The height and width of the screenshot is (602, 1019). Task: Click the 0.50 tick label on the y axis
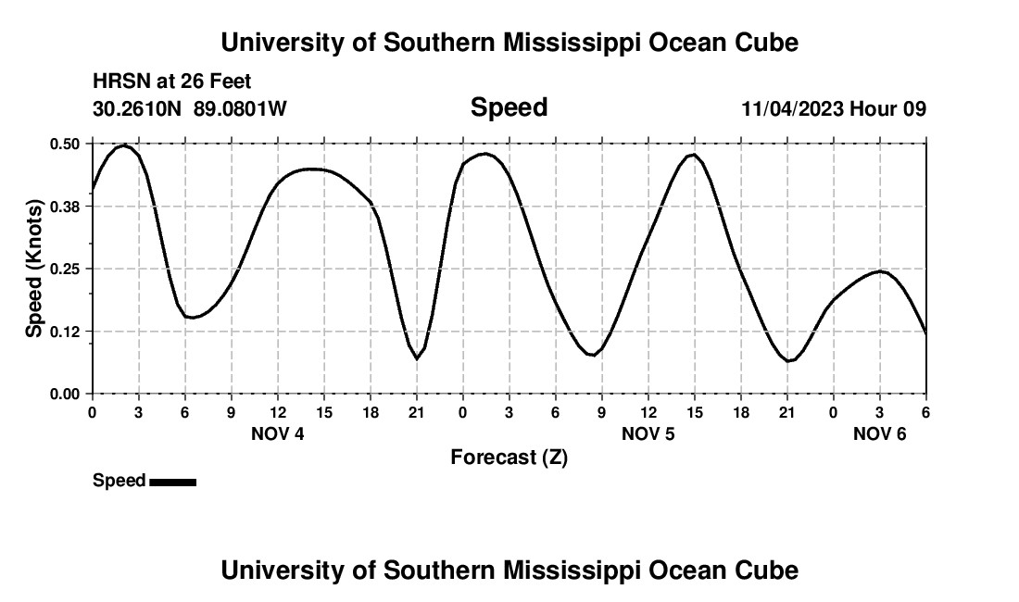click(x=65, y=144)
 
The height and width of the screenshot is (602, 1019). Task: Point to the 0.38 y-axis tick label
click(x=65, y=207)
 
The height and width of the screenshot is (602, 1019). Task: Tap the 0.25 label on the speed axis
click(x=65, y=269)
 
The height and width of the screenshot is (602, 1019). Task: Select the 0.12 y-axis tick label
click(x=65, y=332)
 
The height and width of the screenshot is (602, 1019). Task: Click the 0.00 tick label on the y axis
click(x=65, y=394)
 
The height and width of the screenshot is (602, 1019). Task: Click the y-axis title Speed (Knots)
click(x=34, y=269)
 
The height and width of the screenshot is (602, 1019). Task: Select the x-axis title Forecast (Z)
click(x=509, y=457)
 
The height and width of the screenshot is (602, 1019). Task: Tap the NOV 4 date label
click(x=278, y=433)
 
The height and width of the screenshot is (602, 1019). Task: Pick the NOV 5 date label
click(x=648, y=433)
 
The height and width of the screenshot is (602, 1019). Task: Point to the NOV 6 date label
click(x=879, y=433)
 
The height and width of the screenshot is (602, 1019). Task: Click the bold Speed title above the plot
click(x=509, y=107)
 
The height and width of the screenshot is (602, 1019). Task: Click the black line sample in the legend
click(x=172, y=482)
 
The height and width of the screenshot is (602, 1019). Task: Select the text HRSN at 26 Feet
click(x=172, y=82)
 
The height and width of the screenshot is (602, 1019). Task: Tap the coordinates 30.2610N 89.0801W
click(x=190, y=109)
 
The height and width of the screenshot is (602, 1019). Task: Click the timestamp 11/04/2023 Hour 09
click(x=833, y=109)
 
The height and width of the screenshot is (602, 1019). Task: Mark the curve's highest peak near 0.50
click(x=123, y=145)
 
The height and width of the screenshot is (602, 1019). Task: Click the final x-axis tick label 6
click(x=925, y=412)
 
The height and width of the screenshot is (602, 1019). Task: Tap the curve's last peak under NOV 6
click(x=881, y=271)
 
